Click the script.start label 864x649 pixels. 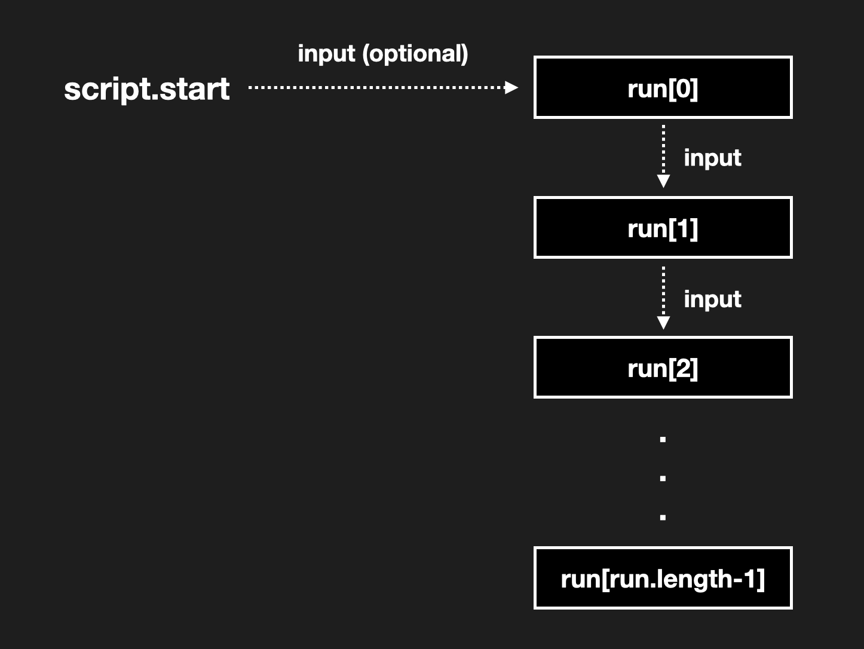[x=146, y=89]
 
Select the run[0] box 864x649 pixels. [x=663, y=88]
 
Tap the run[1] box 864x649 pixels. [x=663, y=228]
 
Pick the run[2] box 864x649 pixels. [x=663, y=368]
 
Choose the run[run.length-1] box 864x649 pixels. [x=663, y=578]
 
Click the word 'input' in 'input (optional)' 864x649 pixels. [x=326, y=54]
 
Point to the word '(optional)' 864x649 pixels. [x=415, y=54]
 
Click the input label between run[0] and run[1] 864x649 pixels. [x=712, y=157]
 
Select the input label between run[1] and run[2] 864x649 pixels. [x=712, y=299]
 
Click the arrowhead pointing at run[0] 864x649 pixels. [x=511, y=87]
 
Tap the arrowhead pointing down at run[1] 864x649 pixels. [x=663, y=181]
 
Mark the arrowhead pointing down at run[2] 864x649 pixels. [x=663, y=323]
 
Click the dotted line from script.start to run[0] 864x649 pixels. [x=376, y=87]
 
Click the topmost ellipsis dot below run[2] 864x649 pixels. [x=663, y=440]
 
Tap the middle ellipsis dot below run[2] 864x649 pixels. [x=663, y=479]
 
